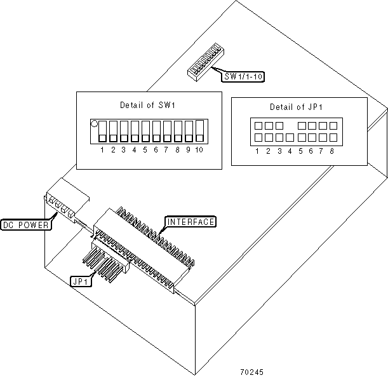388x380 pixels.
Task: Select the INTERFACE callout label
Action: [191, 222]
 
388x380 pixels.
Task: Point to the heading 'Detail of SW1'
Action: [144, 105]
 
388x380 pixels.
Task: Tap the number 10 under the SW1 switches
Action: [199, 150]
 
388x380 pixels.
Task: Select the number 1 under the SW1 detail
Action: [102, 150]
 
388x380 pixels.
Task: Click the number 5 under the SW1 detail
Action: [145, 150]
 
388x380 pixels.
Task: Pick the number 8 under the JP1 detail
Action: [332, 151]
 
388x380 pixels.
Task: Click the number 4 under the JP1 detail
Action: [289, 151]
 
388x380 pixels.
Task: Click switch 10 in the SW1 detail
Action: [199, 131]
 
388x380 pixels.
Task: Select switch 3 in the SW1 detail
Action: [123, 131]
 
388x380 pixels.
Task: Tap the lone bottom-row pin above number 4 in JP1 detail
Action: [290, 137]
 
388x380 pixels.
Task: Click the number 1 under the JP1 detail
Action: [257, 151]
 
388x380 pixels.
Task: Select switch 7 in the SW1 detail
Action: [166, 131]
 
